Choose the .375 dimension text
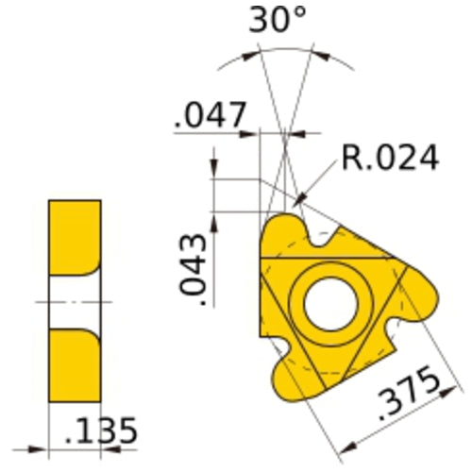408,396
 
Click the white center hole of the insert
329,305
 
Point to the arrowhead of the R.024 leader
299,200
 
